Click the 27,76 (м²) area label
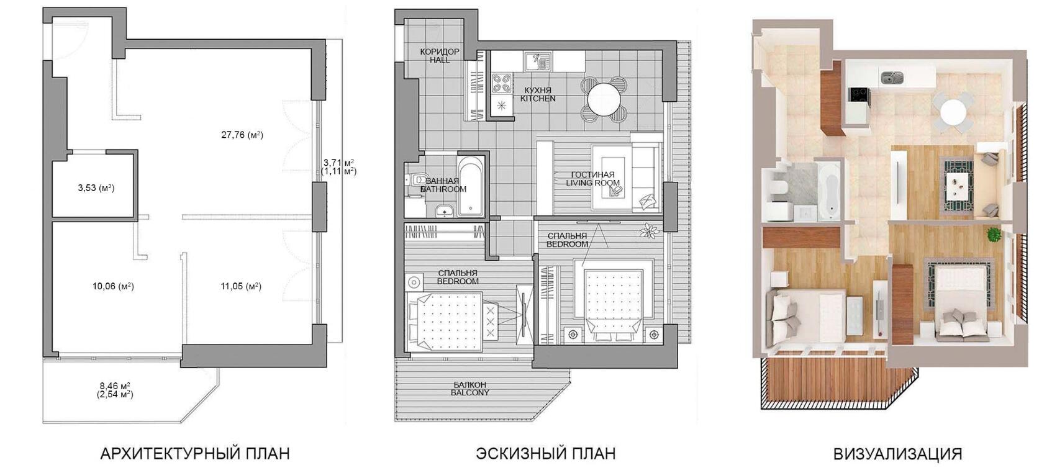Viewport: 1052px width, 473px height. pyautogui.click(x=242, y=135)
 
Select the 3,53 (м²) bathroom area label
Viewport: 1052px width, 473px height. pyautogui.click(x=96, y=188)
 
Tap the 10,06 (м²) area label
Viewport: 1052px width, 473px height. pyautogui.click(x=113, y=286)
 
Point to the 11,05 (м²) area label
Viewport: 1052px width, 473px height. pyautogui.click(x=241, y=286)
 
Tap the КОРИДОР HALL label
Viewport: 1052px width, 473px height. pyautogui.click(x=440, y=56)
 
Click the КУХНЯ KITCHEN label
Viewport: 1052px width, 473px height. pyautogui.click(x=538, y=94)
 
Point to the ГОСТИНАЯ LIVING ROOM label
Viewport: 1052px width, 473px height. pyautogui.click(x=592, y=179)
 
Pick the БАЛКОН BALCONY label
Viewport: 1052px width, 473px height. pyautogui.click(x=470, y=388)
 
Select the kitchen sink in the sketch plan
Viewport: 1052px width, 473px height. pyautogui.click(x=538, y=61)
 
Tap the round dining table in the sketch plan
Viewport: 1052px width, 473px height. pyautogui.click(x=604, y=100)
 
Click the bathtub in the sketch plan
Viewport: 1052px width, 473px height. pyautogui.click(x=470, y=186)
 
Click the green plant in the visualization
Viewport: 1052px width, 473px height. pyautogui.click(x=993, y=235)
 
